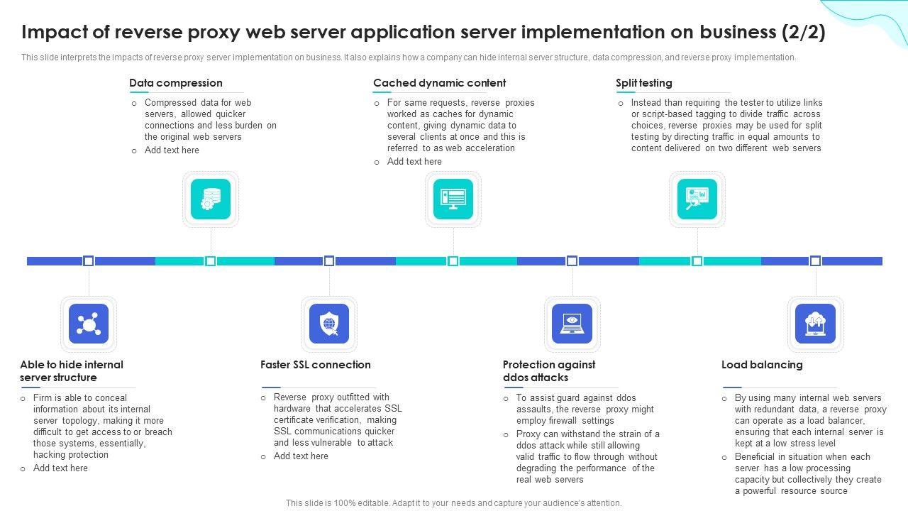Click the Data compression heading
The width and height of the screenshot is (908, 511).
coord(175,83)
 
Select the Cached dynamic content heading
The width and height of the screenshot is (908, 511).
coord(439,83)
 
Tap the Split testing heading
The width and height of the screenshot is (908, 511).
coord(643,83)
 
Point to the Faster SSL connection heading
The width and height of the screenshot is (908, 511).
coord(315,365)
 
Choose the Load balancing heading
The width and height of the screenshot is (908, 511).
coord(762,365)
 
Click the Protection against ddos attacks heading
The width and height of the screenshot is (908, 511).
coord(548,371)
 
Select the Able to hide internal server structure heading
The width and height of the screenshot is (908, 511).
coord(71,371)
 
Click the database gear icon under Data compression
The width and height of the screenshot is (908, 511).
coord(211,199)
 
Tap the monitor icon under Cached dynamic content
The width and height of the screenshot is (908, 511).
coord(453,199)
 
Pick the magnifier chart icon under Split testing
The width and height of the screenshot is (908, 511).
coord(697,199)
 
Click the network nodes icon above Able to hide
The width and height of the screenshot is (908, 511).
coord(89,324)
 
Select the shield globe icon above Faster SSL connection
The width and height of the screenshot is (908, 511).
coord(329,324)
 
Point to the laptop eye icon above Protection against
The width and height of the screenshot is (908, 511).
coord(572,324)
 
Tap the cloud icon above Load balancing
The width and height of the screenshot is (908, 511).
coord(815,324)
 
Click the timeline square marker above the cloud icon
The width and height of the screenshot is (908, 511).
coord(815,261)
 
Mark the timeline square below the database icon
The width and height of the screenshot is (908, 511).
coord(211,261)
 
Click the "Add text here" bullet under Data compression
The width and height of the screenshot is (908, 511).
coord(172,150)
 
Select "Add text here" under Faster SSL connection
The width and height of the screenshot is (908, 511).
coord(301,456)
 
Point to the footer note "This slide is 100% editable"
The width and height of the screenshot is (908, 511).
coord(453,503)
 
